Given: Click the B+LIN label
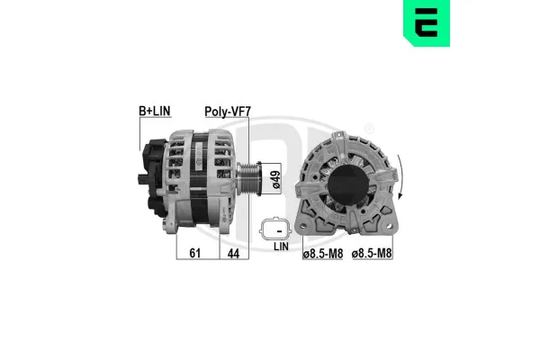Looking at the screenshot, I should [x=154, y=111].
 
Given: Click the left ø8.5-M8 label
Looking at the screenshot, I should [x=322, y=256].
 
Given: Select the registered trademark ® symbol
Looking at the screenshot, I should [x=369, y=128].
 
